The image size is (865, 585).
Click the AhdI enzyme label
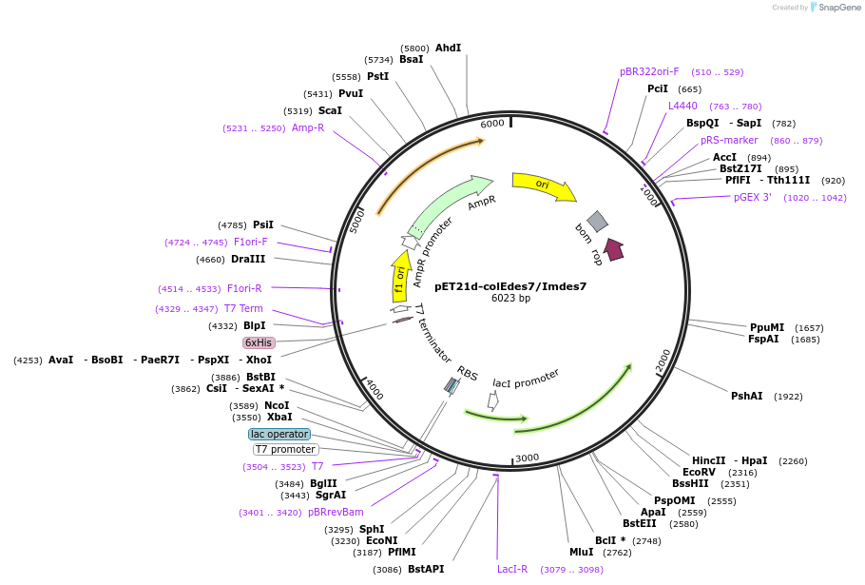coord(448,48)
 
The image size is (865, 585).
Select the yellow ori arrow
coord(543,185)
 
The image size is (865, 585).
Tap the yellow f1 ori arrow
coord(401,277)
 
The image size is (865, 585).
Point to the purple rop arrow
coord(613,249)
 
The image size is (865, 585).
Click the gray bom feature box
coord(597,222)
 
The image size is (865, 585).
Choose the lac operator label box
coord(279,434)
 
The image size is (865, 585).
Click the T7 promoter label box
coord(285,449)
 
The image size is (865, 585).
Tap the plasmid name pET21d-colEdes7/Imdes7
coord(510,285)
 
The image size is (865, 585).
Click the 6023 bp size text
coord(510,299)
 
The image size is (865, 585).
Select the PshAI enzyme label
coord(746,396)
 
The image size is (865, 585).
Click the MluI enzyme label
coord(581,552)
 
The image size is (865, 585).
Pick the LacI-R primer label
coord(512,569)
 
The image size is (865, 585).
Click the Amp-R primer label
coord(308,127)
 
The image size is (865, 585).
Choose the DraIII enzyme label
coord(248,259)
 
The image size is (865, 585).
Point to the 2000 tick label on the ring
coord(663,360)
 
